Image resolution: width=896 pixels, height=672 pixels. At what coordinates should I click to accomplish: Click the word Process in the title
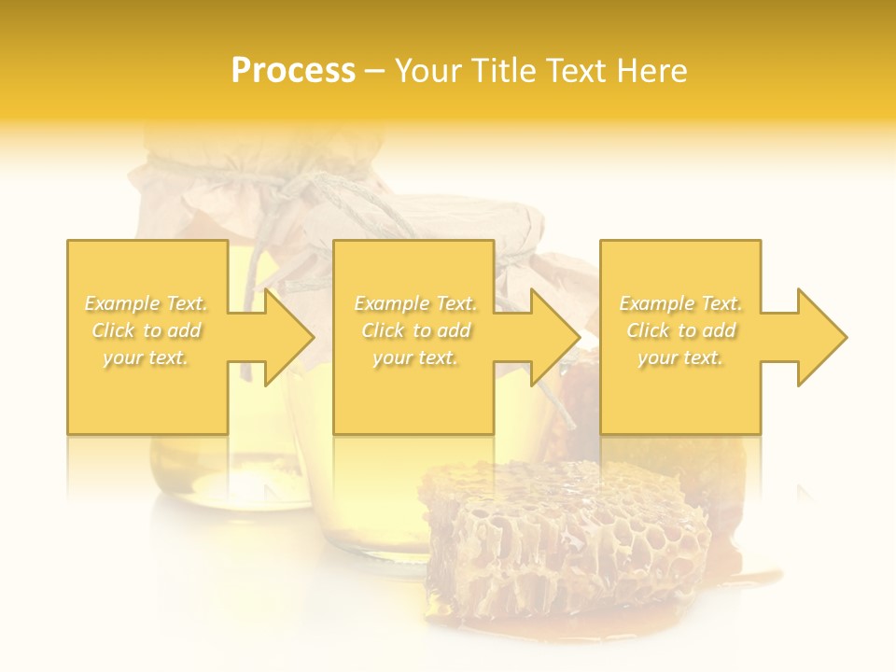293,71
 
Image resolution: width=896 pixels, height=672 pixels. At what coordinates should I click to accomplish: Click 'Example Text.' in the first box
147,303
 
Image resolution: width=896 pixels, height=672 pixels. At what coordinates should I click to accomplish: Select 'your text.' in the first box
147,357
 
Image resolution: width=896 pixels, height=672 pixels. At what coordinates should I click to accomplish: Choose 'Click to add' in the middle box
415,330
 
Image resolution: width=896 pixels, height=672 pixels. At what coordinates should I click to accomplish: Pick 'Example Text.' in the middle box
415,303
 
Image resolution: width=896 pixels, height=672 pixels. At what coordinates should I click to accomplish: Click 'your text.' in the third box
680,357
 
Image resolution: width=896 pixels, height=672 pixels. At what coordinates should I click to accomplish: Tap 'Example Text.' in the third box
680,303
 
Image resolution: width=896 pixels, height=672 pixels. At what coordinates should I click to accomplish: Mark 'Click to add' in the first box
147,330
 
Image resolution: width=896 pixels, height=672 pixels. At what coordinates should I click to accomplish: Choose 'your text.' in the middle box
415,357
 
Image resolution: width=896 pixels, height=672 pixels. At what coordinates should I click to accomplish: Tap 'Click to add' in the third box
680,330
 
